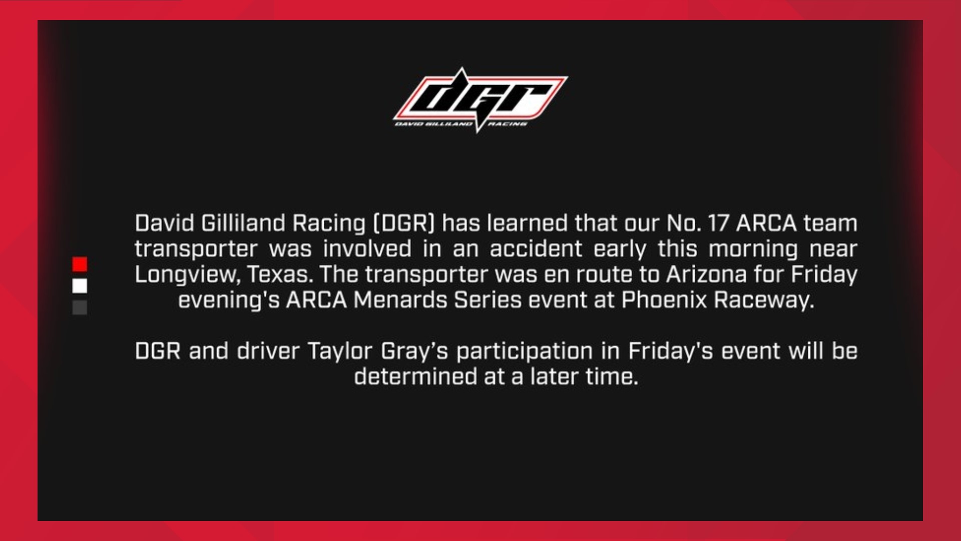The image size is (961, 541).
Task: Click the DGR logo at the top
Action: click(x=480, y=100)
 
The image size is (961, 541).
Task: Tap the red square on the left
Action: click(x=80, y=264)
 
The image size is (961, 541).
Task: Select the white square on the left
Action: click(x=80, y=286)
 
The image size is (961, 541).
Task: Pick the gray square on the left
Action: click(x=80, y=308)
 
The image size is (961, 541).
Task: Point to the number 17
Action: click(x=718, y=223)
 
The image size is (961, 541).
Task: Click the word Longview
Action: click(x=187, y=275)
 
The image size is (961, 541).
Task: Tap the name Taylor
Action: click(x=340, y=351)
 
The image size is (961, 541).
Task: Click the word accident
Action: click(x=536, y=249)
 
